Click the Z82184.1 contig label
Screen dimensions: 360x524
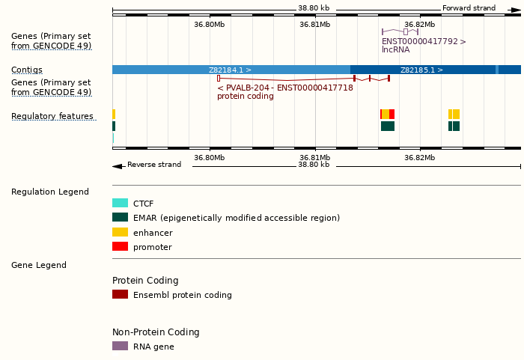coord(230,70)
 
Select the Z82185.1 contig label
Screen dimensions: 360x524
coord(421,70)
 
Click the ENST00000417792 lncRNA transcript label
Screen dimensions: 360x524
coord(424,42)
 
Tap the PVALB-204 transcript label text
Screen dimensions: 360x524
coord(284,88)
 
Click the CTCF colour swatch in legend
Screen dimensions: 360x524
coord(120,203)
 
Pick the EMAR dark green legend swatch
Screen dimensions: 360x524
coord(120,218)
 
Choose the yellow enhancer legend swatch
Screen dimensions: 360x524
coord(120,232)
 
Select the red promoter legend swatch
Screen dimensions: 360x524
coord(120,247)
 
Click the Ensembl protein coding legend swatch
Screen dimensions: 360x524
coord(120,295)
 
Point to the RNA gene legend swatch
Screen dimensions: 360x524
coord(120,347)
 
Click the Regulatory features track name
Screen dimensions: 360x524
coord(52,117)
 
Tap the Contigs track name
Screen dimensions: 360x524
coord(27,70)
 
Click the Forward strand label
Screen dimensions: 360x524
coord(469,8)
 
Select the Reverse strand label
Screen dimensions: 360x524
coord(154,165)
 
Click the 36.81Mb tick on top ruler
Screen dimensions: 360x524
coord(314,24)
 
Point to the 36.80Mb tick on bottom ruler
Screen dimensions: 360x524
coord(209,157)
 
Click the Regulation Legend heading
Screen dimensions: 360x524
coord(50,192)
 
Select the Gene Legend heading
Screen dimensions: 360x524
coord(39,266)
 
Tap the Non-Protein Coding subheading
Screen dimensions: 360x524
coord(156,332)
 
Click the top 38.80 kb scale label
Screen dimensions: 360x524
coord(314,8)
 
